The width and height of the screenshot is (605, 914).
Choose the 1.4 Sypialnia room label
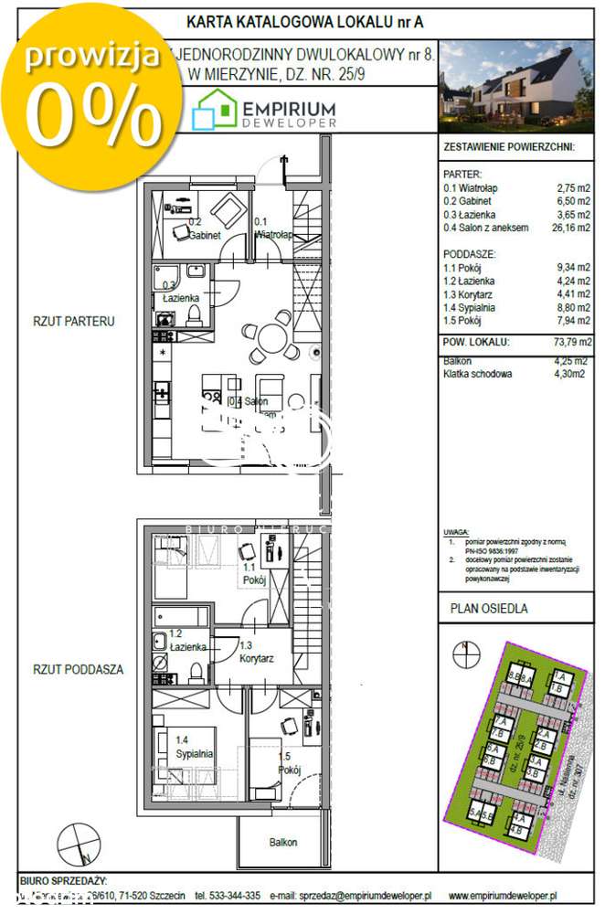click(195, 747)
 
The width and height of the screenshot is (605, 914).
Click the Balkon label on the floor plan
click(283, 842)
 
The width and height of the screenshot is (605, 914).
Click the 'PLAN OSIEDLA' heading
click(489, 608)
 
